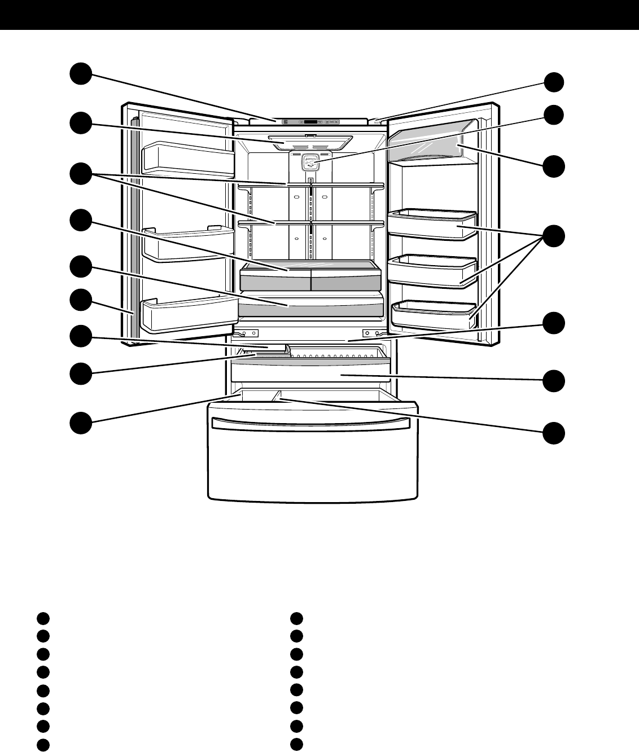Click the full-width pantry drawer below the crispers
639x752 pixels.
310,309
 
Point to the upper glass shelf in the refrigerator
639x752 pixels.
310,184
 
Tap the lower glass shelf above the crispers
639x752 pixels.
310,223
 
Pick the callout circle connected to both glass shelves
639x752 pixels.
81,173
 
